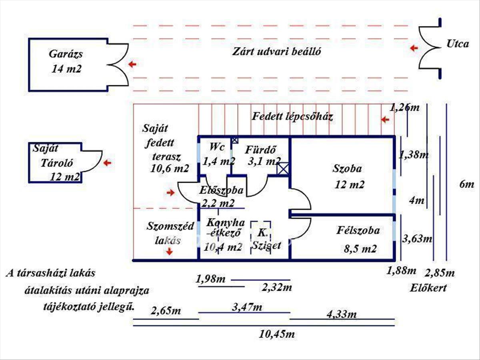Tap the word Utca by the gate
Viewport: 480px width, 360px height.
pyautogui.click(x=457, y=44)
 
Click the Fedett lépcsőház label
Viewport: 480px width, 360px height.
pyautogui.click(x=292, y=117)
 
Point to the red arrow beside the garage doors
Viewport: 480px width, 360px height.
pyautogui.click(x=132, y=64)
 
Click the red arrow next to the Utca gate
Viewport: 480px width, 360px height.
pyautogui.click(x=414, y=48)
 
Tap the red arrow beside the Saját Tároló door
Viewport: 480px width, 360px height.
pyautogui.click(x=108, y=163)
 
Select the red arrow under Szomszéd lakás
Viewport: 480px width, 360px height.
pyautogui.click(x=170, y=251)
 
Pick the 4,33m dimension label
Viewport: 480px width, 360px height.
pyautogui.click(x=341, y=314)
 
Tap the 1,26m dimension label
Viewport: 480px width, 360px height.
pyautogui.click(x=404, y=107)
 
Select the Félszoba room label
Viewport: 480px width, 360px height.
pyautogui.click(x=358, y=230)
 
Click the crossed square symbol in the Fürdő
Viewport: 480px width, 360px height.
pyautogui.click(x=283, y=169)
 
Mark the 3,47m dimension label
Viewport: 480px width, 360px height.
pyautogui.click(x=247, y=307)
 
